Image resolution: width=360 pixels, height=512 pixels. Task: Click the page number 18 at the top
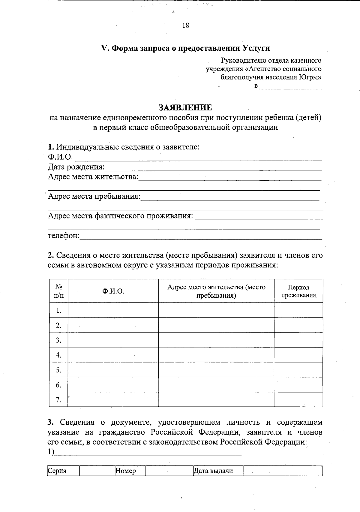[x=185, y=26]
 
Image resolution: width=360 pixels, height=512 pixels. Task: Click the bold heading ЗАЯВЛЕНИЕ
[x=185, y=107]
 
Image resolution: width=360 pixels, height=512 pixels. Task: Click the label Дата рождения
[x=76, y=167]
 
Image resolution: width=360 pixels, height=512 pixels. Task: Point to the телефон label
[x=63, y=236]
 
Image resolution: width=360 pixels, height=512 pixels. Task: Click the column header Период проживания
[x=298, y=291]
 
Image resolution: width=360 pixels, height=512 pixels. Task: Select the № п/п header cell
[x=59, y=291]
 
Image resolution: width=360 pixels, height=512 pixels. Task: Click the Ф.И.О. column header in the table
[x=113, y=291]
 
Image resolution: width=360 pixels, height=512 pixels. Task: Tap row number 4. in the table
[x=59, y=355]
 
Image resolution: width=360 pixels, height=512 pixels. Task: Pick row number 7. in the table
[x=59, y=400]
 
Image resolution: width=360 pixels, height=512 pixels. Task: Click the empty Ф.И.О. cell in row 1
[x=113, y=310]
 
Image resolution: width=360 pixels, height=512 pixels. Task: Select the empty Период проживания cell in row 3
[x=298, y=340]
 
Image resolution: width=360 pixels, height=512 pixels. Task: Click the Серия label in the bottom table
[x=57, y=471]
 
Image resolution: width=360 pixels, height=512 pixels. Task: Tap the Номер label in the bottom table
[x=126, y=471]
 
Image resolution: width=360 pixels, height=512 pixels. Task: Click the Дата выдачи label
[x=214, y=471]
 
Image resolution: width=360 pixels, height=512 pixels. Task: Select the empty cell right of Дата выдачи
[x=282, y=471]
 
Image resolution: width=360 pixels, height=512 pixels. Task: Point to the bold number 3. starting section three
[x=50, y=423]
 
